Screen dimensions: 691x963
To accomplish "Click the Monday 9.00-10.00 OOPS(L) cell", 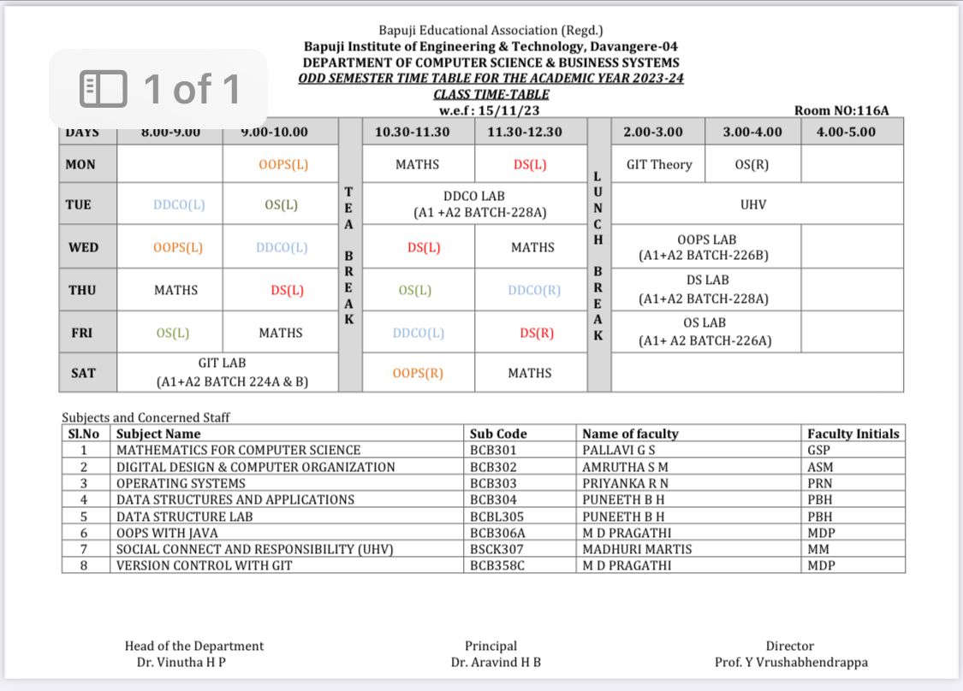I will tap(283, 165).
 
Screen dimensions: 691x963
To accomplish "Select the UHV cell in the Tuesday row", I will tap(754, 204).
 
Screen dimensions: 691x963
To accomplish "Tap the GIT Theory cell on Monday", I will tap(659, 164).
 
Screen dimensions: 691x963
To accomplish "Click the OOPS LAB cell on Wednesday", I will tap(706, 247).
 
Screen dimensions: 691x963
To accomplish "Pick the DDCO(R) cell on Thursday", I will tap(534, 290).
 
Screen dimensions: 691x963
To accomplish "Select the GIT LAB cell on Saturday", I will tap(227, 373).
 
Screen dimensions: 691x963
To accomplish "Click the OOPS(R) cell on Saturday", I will tap(419, 373).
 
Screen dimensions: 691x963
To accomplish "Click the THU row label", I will tap(82, 290).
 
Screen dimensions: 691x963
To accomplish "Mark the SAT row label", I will tap(82, 373).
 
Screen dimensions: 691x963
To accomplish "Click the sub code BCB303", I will tap(494, 483).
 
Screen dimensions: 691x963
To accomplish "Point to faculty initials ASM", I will tap(819, 467).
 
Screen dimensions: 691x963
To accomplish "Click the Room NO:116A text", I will tap(841, 110).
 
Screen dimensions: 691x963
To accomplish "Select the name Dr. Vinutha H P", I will tap(181, 662).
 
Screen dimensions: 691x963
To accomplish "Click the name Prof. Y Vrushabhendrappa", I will tap(791, 662).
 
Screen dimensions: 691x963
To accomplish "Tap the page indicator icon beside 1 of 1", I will tap(103, 89).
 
